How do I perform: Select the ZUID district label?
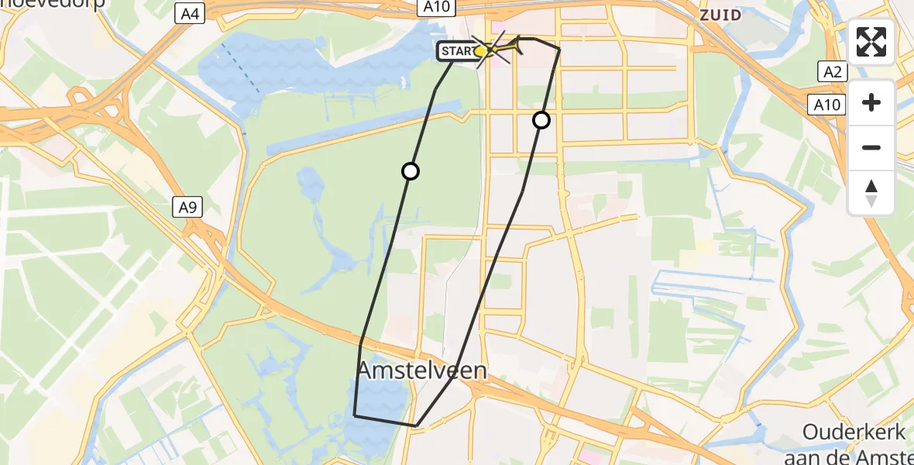click(x=720, y=14)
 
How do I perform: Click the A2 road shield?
click(x=833, y=72)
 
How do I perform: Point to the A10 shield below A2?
click(x=827, y=105)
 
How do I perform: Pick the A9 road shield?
click(x=184, y=208)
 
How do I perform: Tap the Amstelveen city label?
click(x=422, y=371)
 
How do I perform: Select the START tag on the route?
click(x=457, y=52)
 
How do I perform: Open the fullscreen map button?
click(x=871, y=42)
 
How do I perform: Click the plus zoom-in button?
click(x=871, y=102)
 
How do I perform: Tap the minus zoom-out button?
click(x=871, y=147)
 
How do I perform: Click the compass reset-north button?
click(x=871, y=192)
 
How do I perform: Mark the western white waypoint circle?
click(x=411, y=171)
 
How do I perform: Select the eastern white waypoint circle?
click(x=541, y=120)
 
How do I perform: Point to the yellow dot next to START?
click(x=480, y=51)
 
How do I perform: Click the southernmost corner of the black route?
click(x=416, y=425)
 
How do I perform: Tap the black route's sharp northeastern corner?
click(x=558, y=49)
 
